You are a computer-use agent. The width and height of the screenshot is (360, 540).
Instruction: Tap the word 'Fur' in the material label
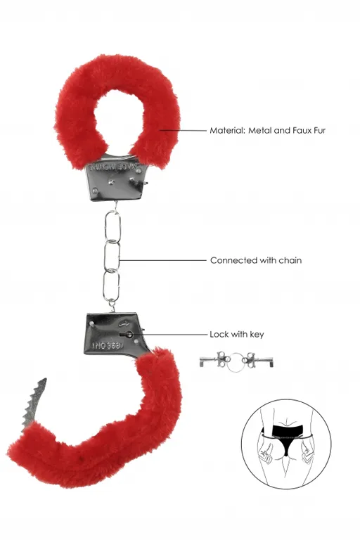click(317, 130)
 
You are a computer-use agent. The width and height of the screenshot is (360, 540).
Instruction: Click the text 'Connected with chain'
click(256, 260)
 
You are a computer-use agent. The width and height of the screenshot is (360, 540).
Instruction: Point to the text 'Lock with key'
click(237, 334)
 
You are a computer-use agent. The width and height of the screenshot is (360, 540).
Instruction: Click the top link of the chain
click(113, 226)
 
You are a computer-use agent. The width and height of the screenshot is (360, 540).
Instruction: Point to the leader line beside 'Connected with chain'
click(165, 260)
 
